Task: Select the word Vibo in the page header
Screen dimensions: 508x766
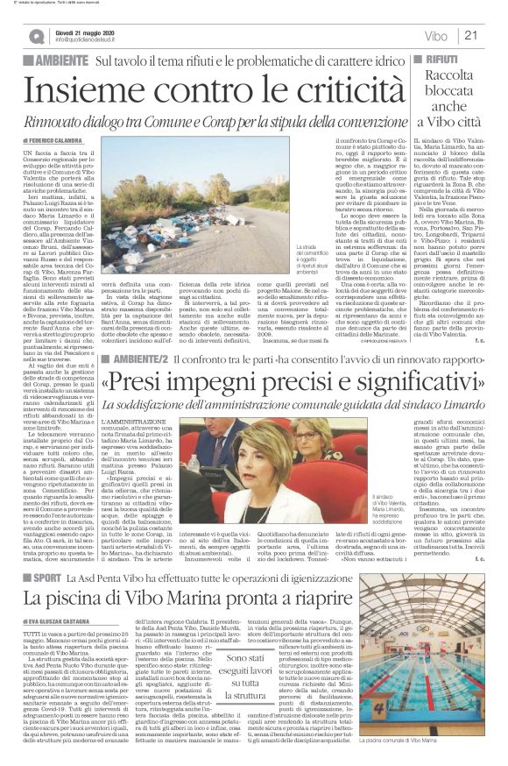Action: [435, 36]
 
